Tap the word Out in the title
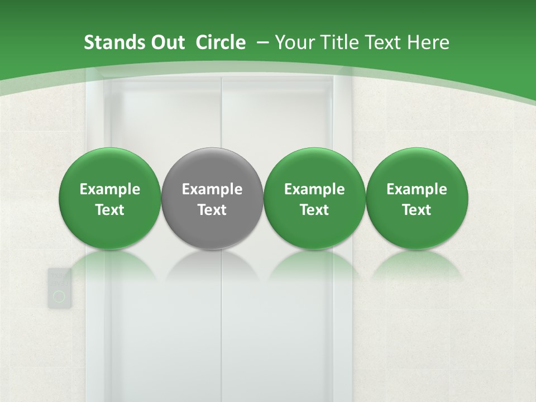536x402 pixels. [166, 42]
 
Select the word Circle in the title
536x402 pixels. [221, 42]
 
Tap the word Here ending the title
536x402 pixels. [428, 42]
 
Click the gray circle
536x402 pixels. [212, 198]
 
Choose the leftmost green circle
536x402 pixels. [110, 198]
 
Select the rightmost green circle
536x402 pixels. [417, 198]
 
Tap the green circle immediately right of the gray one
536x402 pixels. [314, 198]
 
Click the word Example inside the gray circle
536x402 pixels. [212, 189]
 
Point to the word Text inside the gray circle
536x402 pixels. [212, 210]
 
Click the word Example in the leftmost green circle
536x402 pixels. [110, 189]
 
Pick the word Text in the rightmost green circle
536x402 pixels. [417, 210]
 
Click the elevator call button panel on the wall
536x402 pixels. [59, 288]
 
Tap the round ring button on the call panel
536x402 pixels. [59, 296]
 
